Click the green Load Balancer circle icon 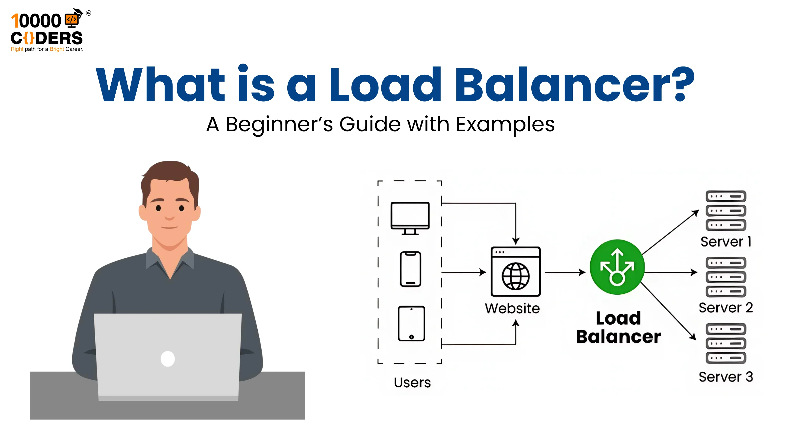617,267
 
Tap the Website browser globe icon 515,271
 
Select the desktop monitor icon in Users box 410,218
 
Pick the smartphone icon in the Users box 410,269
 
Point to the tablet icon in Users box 411,323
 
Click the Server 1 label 726,242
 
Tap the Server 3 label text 726,377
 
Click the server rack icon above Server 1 726,211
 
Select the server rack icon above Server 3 726,343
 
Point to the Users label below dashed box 412,383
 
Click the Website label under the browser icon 512,308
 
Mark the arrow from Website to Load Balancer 565,272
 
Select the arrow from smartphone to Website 464,272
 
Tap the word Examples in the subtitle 505,124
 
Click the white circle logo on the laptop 168,359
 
